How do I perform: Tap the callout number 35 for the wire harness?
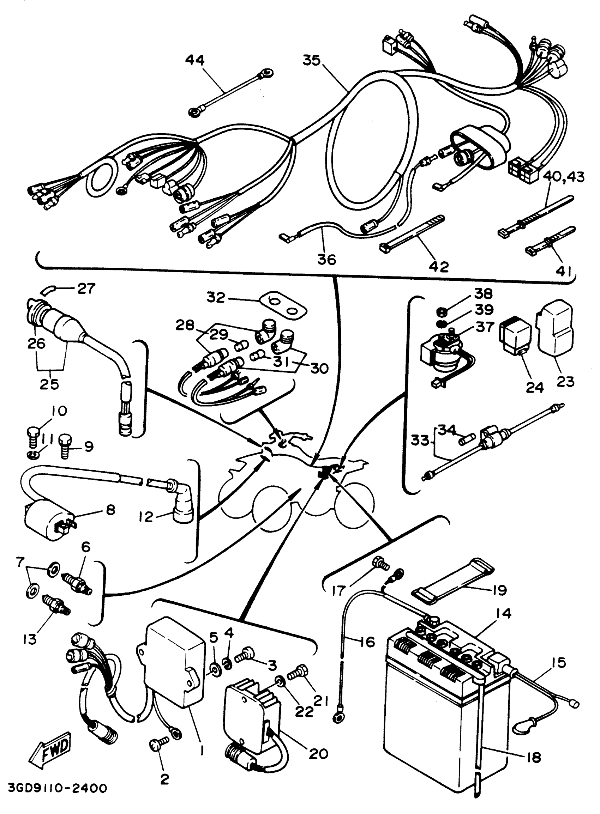click(312, 60)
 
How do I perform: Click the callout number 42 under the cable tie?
click(439, 267)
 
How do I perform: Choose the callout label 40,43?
click(564, 177)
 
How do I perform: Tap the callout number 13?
click(29, 639)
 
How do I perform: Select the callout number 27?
click(86, 289)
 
